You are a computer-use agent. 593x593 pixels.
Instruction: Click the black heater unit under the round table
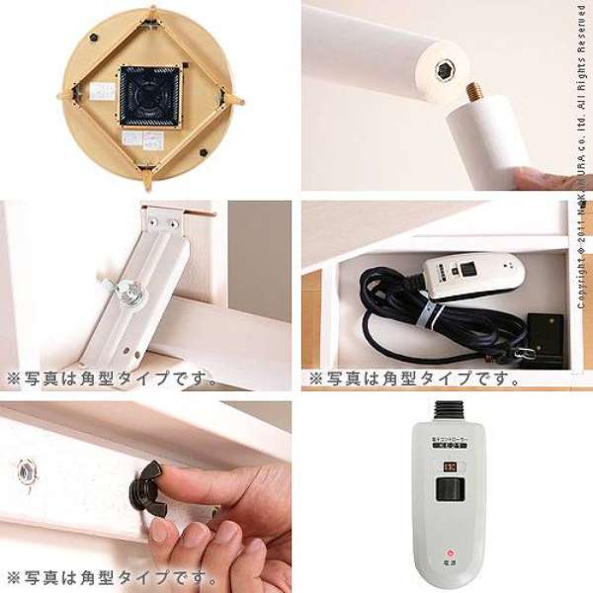149,95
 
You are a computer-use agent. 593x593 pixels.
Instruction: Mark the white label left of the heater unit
102,92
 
